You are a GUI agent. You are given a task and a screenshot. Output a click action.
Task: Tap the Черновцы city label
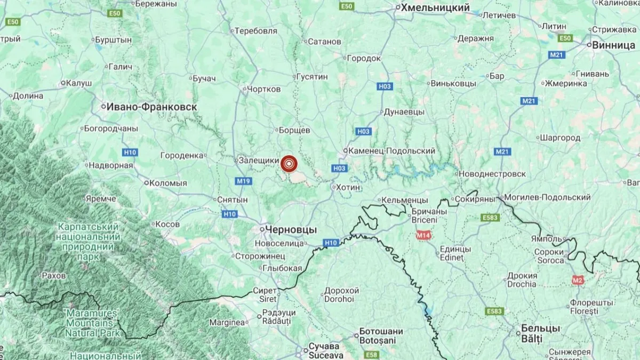[290, 229]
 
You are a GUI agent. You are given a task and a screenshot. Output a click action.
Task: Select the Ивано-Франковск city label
[151, 107]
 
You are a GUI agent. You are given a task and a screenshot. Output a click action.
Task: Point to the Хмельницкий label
[435, 7]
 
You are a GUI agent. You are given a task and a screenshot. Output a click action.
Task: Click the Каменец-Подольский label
[391, 151]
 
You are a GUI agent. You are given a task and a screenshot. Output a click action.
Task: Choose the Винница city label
[614, 45]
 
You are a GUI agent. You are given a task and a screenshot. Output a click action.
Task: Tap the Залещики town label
[259, 160]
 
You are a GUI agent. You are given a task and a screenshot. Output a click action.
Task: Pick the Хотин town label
[348, 188]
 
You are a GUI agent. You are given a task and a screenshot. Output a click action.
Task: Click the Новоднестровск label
[491, 174]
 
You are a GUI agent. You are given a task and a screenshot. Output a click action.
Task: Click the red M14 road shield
[424, 235]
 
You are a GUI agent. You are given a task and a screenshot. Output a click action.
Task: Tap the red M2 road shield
[578, 279]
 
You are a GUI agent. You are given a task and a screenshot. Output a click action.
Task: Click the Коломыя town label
[167, 183]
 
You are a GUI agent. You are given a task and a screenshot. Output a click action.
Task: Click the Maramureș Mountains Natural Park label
[90, 323]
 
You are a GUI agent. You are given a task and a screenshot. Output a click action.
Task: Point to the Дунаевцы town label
[404, 112]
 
